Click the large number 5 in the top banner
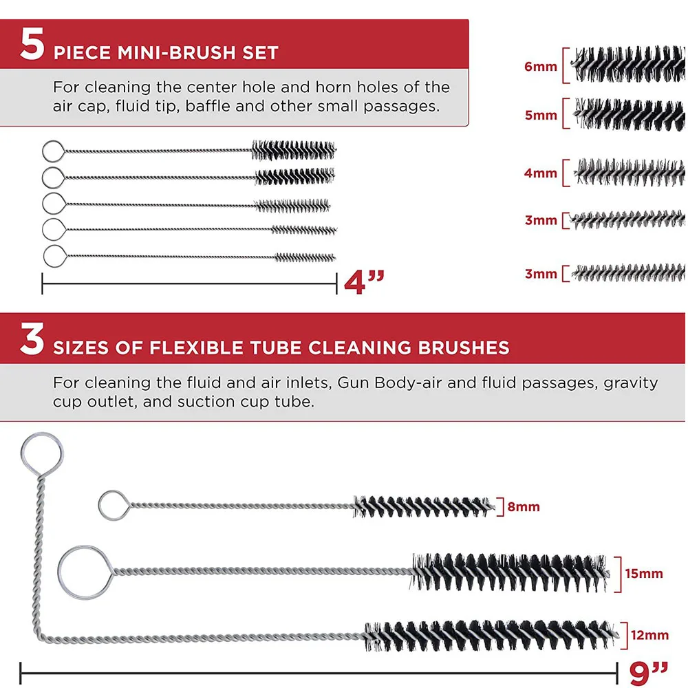click(x=32, y=43)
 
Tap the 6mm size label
click(x=541, y=67)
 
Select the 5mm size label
click(x=541, y=116)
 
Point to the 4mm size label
click(x=541, y=173)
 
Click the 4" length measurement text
click(x=364, y=282)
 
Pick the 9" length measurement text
click(x=648, y=673)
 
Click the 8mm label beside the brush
click(x=524, y=507)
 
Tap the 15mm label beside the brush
click(x=644, y=574)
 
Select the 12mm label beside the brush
click(x=650, y=635)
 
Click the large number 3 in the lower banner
click(x=32, y=338)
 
